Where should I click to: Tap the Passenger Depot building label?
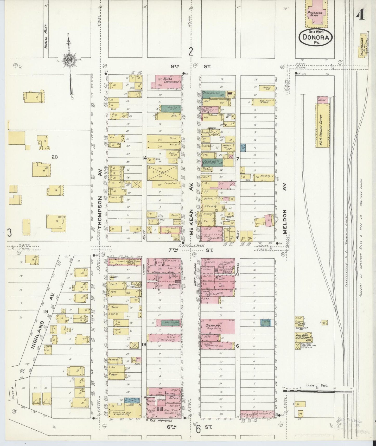(315, 14)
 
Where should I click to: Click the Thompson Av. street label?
(100, 213)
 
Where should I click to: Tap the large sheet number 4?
(360, 16)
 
